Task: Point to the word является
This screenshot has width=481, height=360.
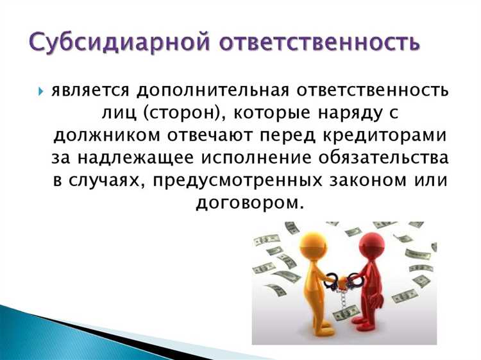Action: click(90, 90)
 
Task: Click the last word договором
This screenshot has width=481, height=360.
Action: click(250, 203)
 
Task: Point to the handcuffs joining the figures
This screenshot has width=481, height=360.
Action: click(346, 281)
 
